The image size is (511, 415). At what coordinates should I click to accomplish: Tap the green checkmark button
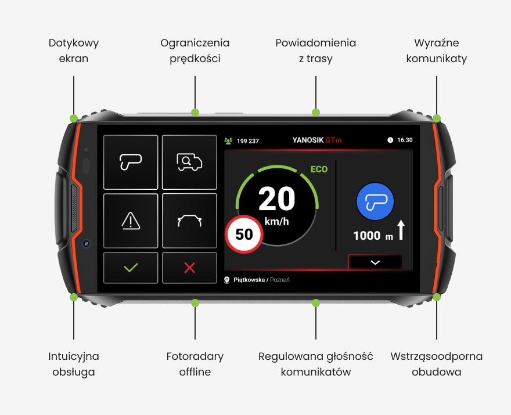point(131,268)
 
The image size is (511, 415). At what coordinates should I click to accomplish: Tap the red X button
point(189,268)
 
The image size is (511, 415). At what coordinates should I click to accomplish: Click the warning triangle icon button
point(131,221)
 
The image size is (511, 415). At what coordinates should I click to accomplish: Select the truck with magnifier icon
point(189,162)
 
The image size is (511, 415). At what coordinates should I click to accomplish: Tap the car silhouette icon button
point(189,221)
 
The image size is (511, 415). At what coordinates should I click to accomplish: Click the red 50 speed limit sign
point(244,234)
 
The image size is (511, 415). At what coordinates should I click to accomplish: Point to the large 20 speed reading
point(276,199)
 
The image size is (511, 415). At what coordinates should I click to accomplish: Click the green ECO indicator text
point(319,169)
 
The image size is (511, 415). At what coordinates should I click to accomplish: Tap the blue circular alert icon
point(376,201)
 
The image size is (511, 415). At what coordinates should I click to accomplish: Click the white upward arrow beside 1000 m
point(401,230)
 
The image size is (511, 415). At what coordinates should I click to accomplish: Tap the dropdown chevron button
point(375,262)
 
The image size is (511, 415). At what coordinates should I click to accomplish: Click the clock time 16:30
point(405,140)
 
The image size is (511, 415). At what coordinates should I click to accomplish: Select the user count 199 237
point(248,141)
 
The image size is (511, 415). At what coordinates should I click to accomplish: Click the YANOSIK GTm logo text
point(317,140)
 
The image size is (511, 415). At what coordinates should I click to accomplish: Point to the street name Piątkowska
point(249,280)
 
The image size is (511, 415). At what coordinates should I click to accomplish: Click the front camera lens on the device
point(86,244)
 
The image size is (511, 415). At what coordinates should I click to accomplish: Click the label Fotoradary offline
point(195,364)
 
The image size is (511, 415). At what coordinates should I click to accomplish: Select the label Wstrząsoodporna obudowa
point(436,364)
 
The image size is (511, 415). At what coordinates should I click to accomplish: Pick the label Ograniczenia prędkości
point(195,51)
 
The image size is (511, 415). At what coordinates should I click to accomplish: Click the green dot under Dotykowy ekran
point(74,118)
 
